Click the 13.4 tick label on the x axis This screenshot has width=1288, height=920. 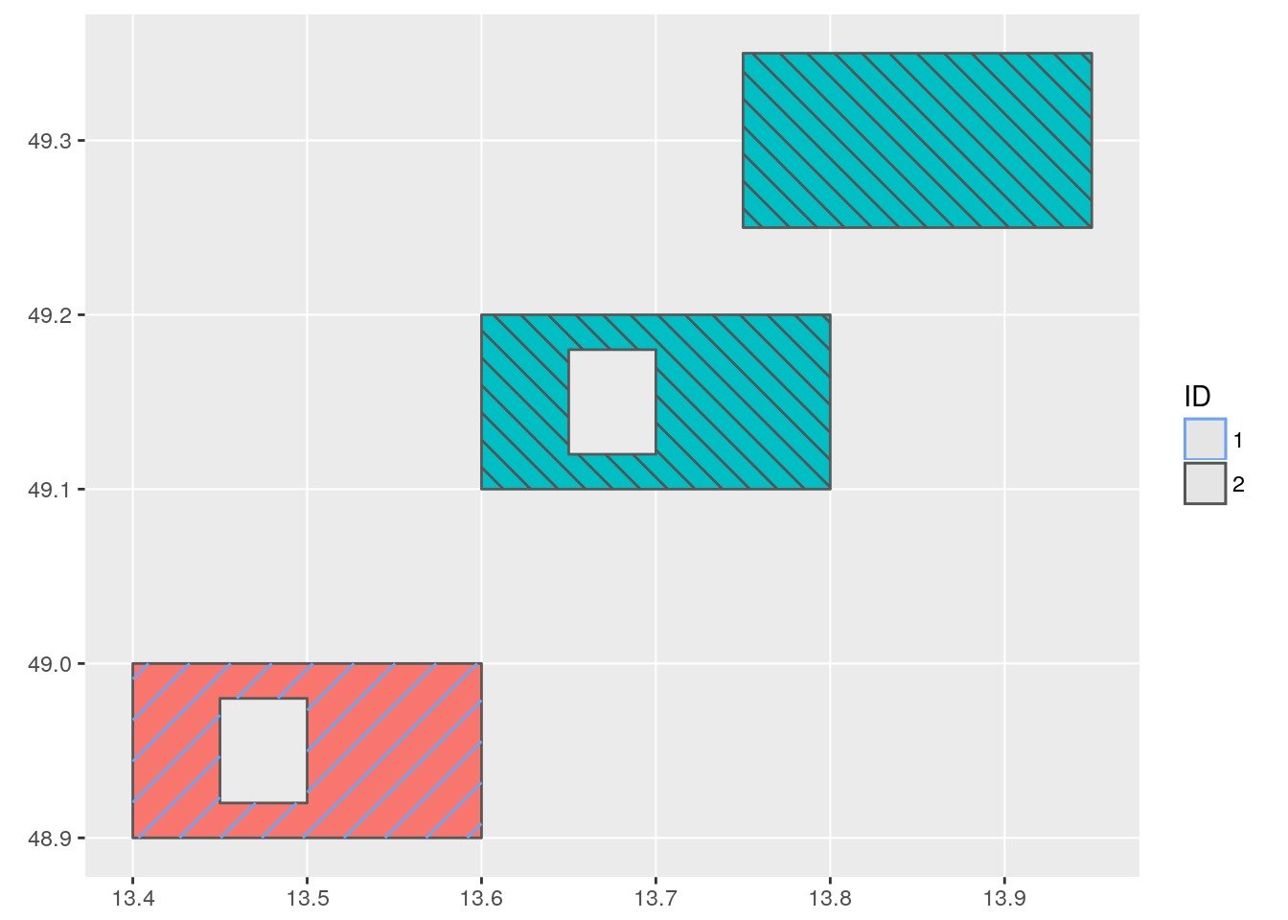132,899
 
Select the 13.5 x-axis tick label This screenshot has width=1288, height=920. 307,899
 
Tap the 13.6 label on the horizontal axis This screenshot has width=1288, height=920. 481,899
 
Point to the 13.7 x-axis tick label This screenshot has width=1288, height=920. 655,899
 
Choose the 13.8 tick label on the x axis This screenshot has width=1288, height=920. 830,899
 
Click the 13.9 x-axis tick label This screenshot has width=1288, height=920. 1004,899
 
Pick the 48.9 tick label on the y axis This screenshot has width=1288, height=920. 49,839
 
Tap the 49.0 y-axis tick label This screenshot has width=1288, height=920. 49,664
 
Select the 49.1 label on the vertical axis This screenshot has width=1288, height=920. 49,490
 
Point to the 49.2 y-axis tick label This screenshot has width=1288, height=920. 49,315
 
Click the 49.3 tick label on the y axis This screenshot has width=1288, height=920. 49,141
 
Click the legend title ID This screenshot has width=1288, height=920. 1197,397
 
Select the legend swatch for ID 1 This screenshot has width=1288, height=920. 1205,440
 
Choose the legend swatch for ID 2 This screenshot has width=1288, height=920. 1205,484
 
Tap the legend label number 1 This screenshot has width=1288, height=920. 1238,441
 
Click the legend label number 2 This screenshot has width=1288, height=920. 1238,485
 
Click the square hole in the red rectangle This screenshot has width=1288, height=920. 264,750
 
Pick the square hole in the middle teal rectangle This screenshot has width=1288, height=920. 612,402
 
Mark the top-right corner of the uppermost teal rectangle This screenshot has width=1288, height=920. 1092,54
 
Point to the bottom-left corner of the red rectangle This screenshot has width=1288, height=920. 133,838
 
